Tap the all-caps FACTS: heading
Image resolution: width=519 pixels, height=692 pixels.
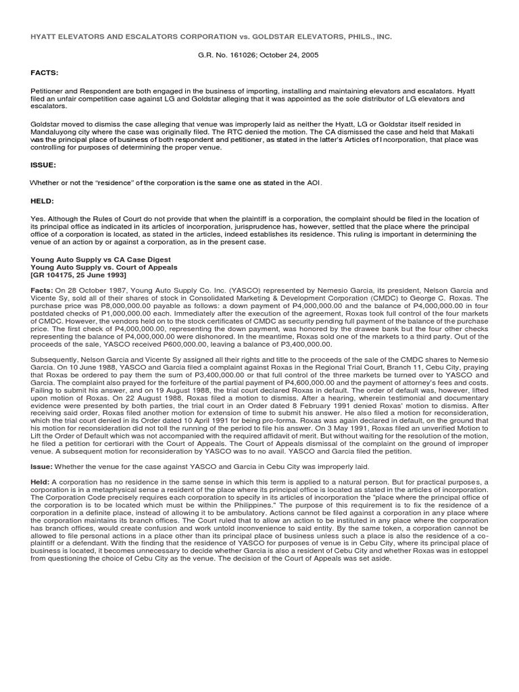point(44,72)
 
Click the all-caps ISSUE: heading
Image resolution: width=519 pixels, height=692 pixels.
point(43,164)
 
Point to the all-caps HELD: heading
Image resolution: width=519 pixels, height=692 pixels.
point(43,201)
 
